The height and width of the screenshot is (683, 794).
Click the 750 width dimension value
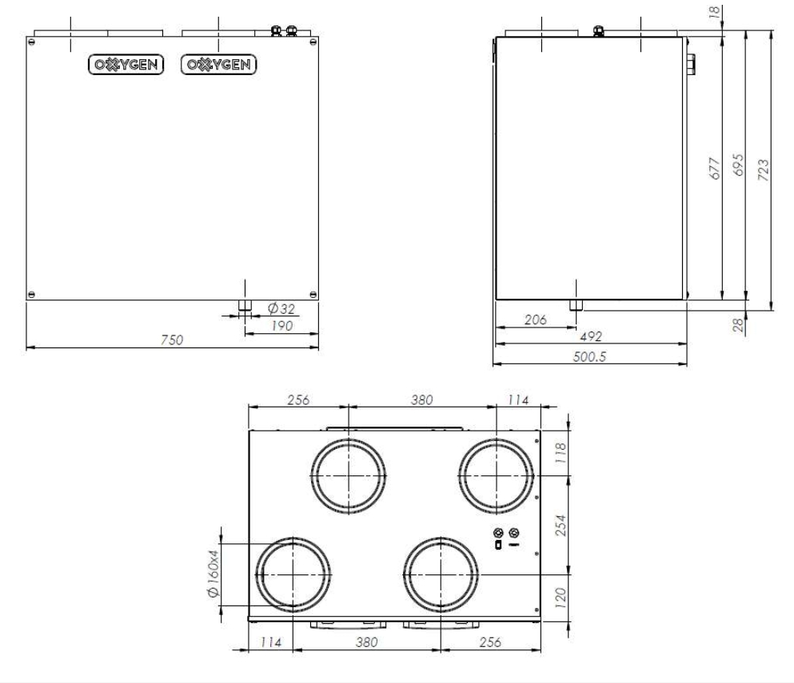tap(172, 340)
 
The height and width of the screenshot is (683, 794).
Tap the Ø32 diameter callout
tap(281, 308)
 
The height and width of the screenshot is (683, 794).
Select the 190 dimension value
tap(282, 326)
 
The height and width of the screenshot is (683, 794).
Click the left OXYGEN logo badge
tap(126, 64)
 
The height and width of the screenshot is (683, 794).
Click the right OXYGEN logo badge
tap(218, 64)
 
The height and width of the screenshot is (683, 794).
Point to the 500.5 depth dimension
tap(589, 356)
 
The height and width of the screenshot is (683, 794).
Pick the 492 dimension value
tap(591, 336)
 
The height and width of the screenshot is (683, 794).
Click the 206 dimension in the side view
tap(535, 320)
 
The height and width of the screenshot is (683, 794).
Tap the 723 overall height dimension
tap(763, 170)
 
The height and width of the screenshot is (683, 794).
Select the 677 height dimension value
tap(714, 169)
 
